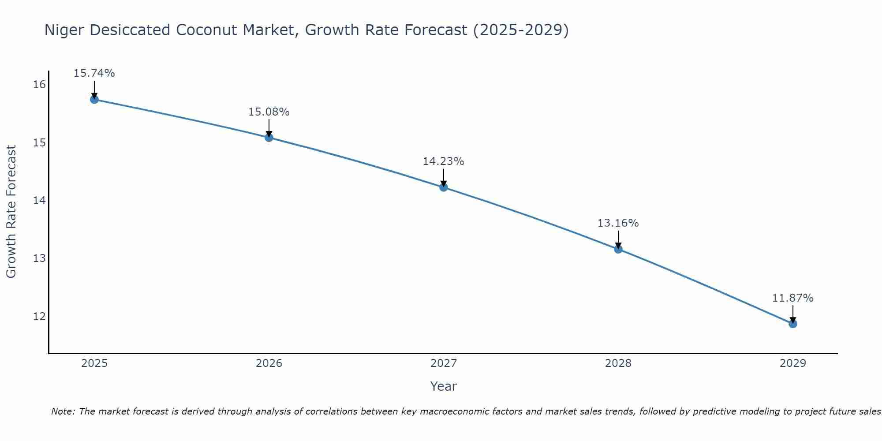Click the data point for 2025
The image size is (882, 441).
94,100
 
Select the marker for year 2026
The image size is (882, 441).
269,138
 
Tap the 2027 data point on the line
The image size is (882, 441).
444,187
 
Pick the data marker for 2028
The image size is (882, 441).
618,249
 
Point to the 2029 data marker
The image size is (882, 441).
793,324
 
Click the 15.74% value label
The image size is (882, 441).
94,73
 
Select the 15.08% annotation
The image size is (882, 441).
269,112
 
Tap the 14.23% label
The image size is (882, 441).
443,161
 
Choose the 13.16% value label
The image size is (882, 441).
618,223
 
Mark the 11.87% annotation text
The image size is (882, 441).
792,298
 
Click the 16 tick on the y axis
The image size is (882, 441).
39,85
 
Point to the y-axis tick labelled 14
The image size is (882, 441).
39,201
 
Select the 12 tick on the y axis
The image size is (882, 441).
39,317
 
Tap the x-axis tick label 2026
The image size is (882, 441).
269,363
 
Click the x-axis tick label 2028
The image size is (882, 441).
618,363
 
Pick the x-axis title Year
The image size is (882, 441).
443,386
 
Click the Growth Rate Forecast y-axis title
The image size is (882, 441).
11,212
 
